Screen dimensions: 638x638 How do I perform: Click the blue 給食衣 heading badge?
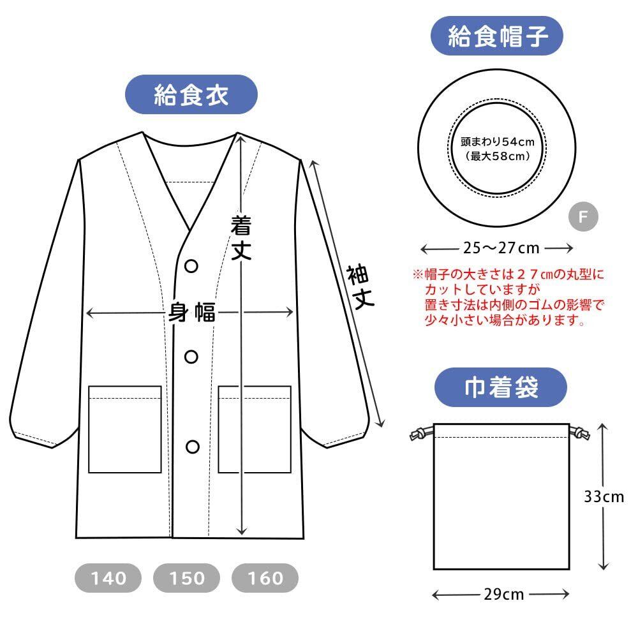click(x=191, y=95)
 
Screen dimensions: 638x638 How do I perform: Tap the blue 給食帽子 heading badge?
click(x=498, y=36)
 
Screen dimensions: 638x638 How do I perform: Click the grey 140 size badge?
click(x=108, y=578)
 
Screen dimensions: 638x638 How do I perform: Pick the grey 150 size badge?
click(x=187, y=578)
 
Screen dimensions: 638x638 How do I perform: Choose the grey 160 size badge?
click(x=265, y=578)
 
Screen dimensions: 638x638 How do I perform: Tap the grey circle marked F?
click(x=583, y=217)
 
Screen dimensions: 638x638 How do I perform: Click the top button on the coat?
click(x=192, y=265)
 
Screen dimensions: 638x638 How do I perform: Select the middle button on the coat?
click(x=192, y=356)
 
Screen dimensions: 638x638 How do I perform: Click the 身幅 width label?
click(x=191, y=313)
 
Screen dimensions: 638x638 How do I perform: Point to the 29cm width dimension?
click(x=504, y=595)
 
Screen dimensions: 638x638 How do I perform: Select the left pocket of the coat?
click(x=124, y=429)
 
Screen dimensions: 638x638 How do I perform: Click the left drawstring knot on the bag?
click(x=417, y=434)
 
